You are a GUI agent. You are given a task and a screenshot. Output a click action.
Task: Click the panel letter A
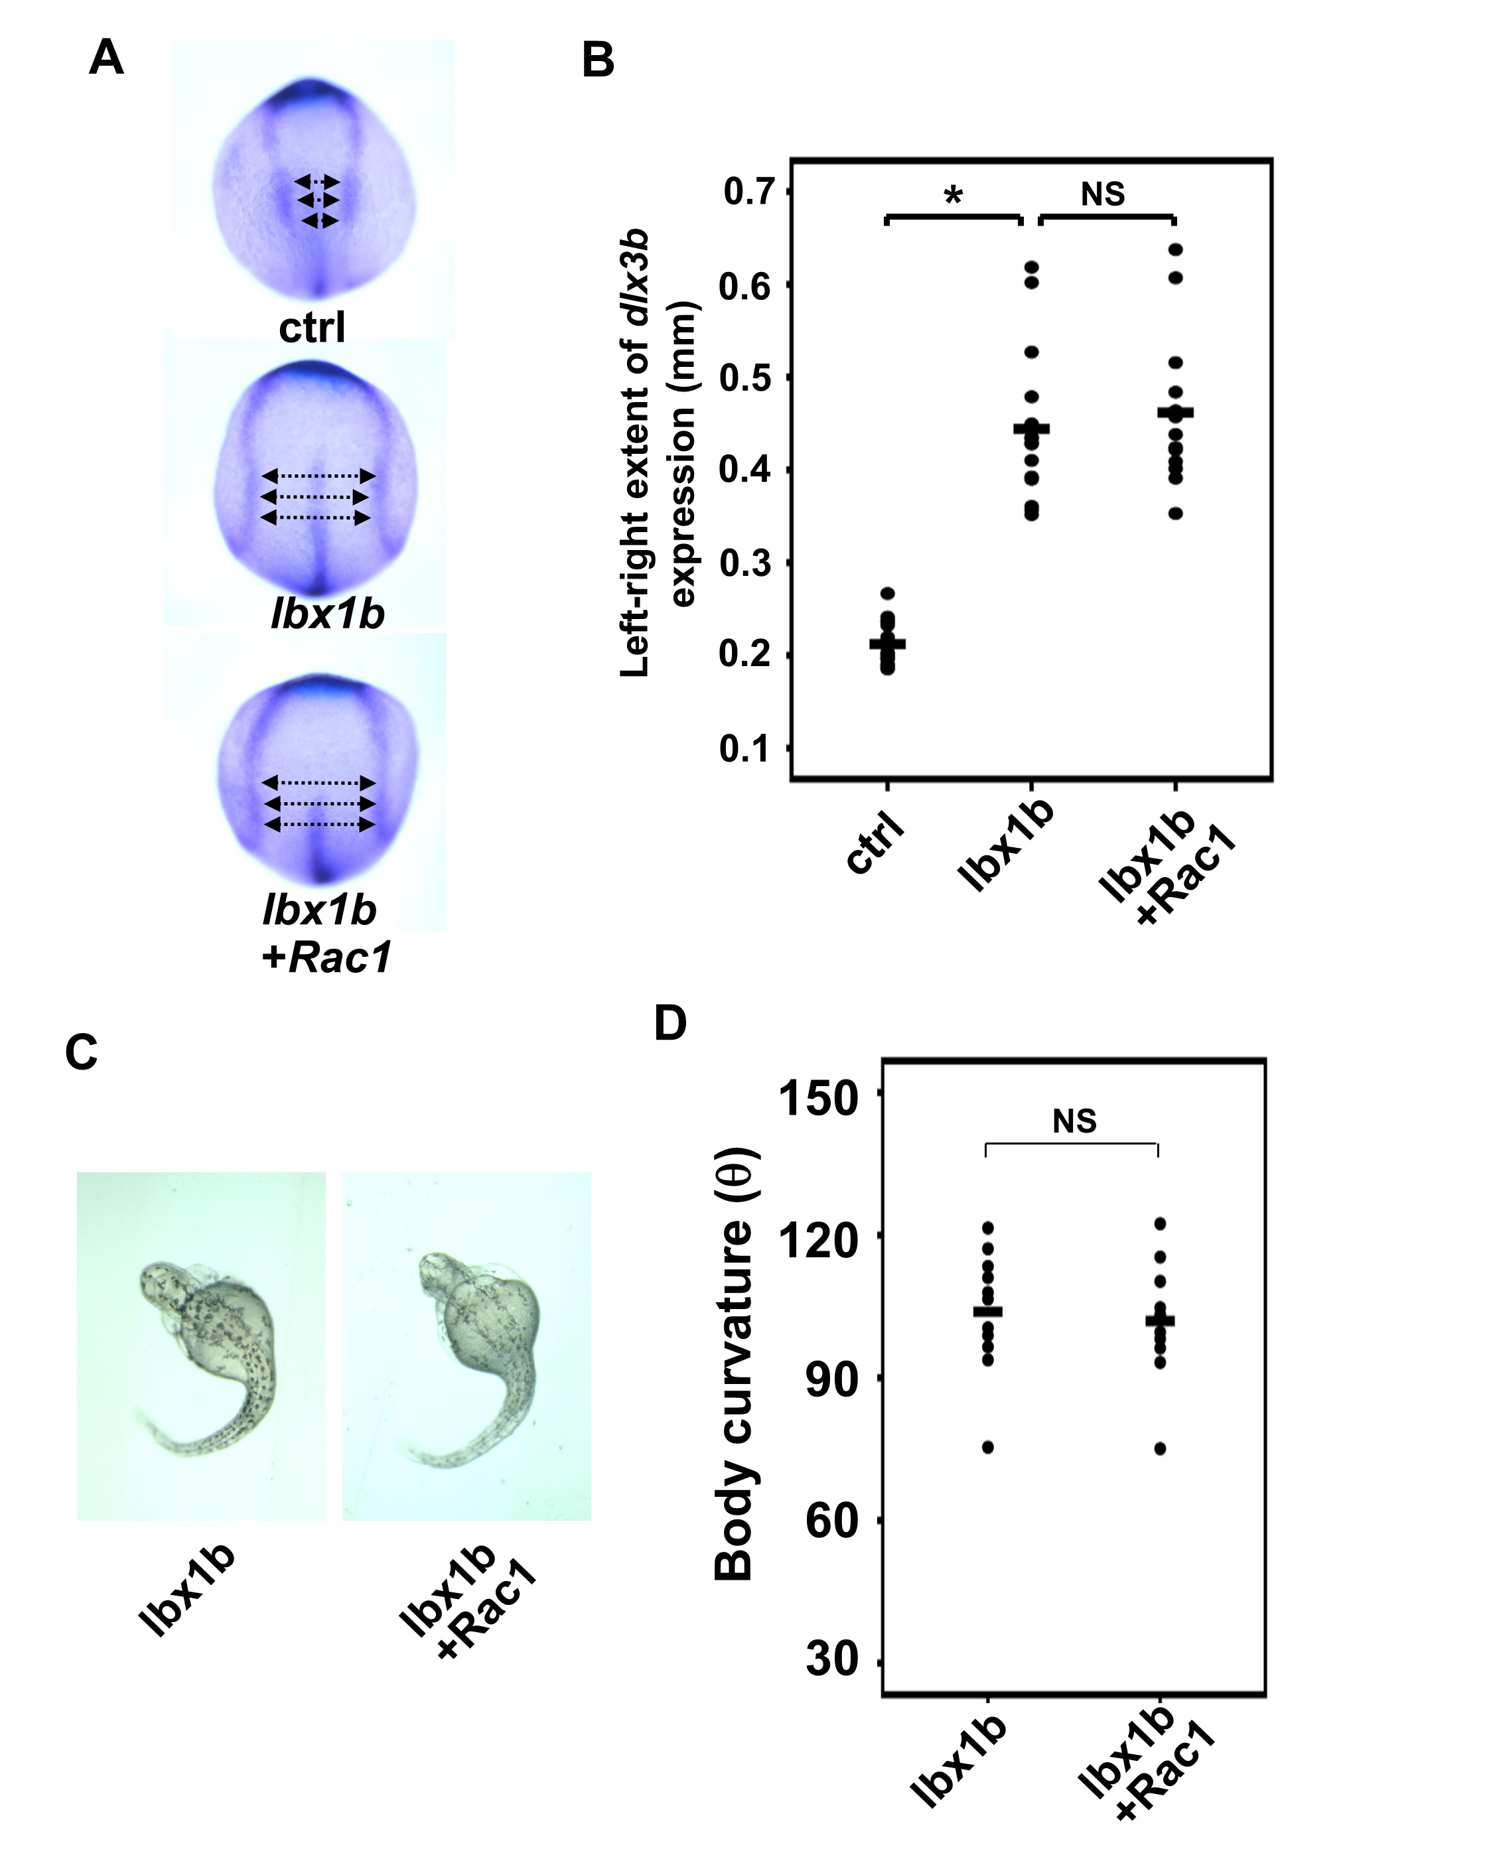pos(106,60)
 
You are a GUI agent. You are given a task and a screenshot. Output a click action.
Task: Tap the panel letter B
pos(598,62)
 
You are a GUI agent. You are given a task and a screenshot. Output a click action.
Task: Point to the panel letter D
pos(670,1023)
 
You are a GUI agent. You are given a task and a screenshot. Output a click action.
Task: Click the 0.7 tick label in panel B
pos(748,192)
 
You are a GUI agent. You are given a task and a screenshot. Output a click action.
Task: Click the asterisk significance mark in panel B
pos(953,196)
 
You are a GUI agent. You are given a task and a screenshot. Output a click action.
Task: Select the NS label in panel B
pos(1102,194)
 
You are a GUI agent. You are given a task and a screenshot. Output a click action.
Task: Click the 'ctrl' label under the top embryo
pos(312,328)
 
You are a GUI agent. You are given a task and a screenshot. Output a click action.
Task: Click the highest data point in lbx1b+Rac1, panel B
pos(1175,250)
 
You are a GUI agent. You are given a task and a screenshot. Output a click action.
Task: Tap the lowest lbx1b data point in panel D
pos(987,1447)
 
